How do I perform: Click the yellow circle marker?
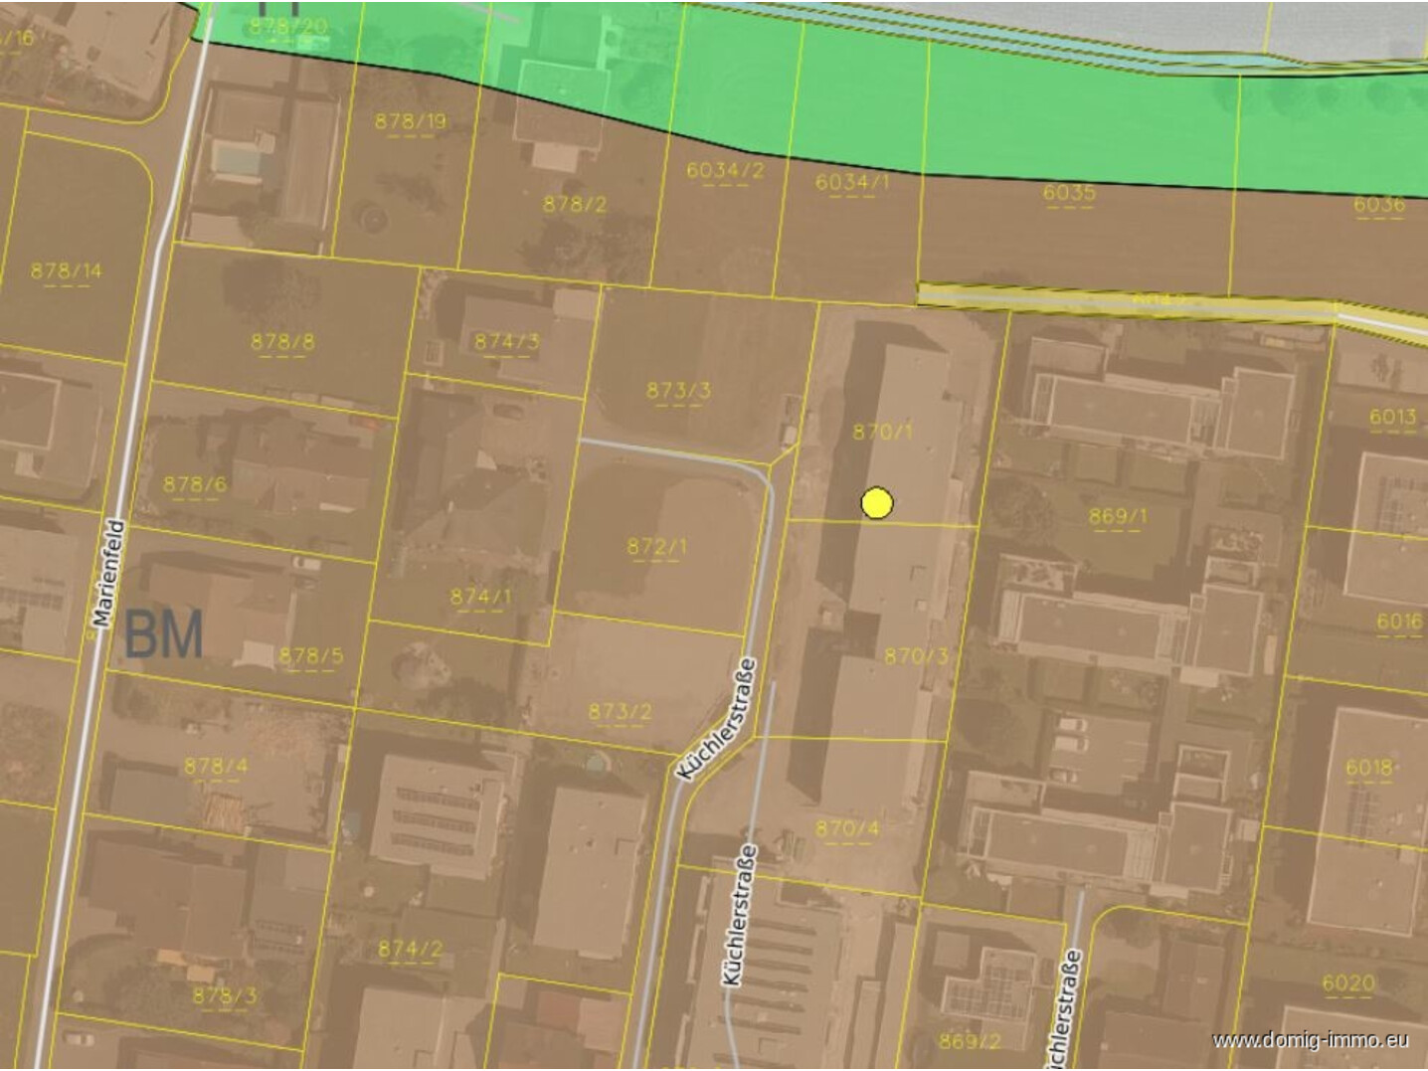[876, 503]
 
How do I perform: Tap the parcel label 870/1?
[882, 432]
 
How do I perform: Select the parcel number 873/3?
[678, 390]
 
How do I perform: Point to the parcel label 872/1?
[656, 546]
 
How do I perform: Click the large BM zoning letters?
[164, 634]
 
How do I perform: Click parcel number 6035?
[1069, 192]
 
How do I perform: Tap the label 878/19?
[410, 121]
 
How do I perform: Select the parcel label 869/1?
[1117, 516]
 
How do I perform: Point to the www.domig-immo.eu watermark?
[1311, 1040]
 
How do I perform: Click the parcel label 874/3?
[506, 342]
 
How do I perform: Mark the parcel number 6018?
[1368, 767]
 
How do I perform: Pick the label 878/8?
[282, 342]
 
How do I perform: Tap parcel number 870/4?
[847, 827]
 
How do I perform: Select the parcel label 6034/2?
[725, 170]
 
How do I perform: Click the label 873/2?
[620, 711]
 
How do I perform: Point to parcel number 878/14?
[66, 270]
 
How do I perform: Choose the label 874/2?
[410, 949]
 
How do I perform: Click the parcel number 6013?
[1392, 417]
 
